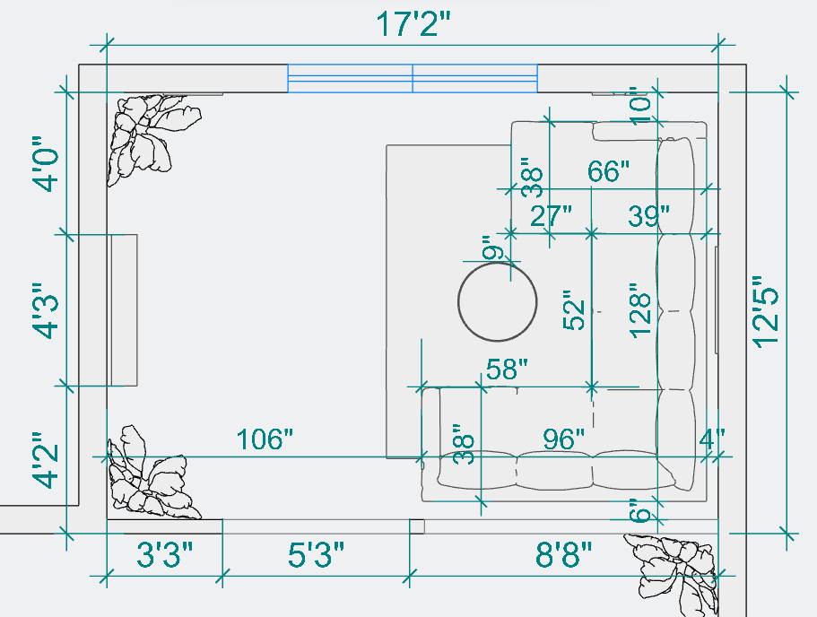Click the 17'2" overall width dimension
[x=413, y=24]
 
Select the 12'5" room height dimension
[x=766, y=311]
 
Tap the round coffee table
[x=497, y=301]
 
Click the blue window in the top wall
[x=413, y=79]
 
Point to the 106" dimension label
[x=265, y=439]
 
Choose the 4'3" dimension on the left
[x=44, y=311]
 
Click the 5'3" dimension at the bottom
[x=316, y=554]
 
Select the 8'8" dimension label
[x=564, y=554]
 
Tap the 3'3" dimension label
[x=165, y=554]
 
